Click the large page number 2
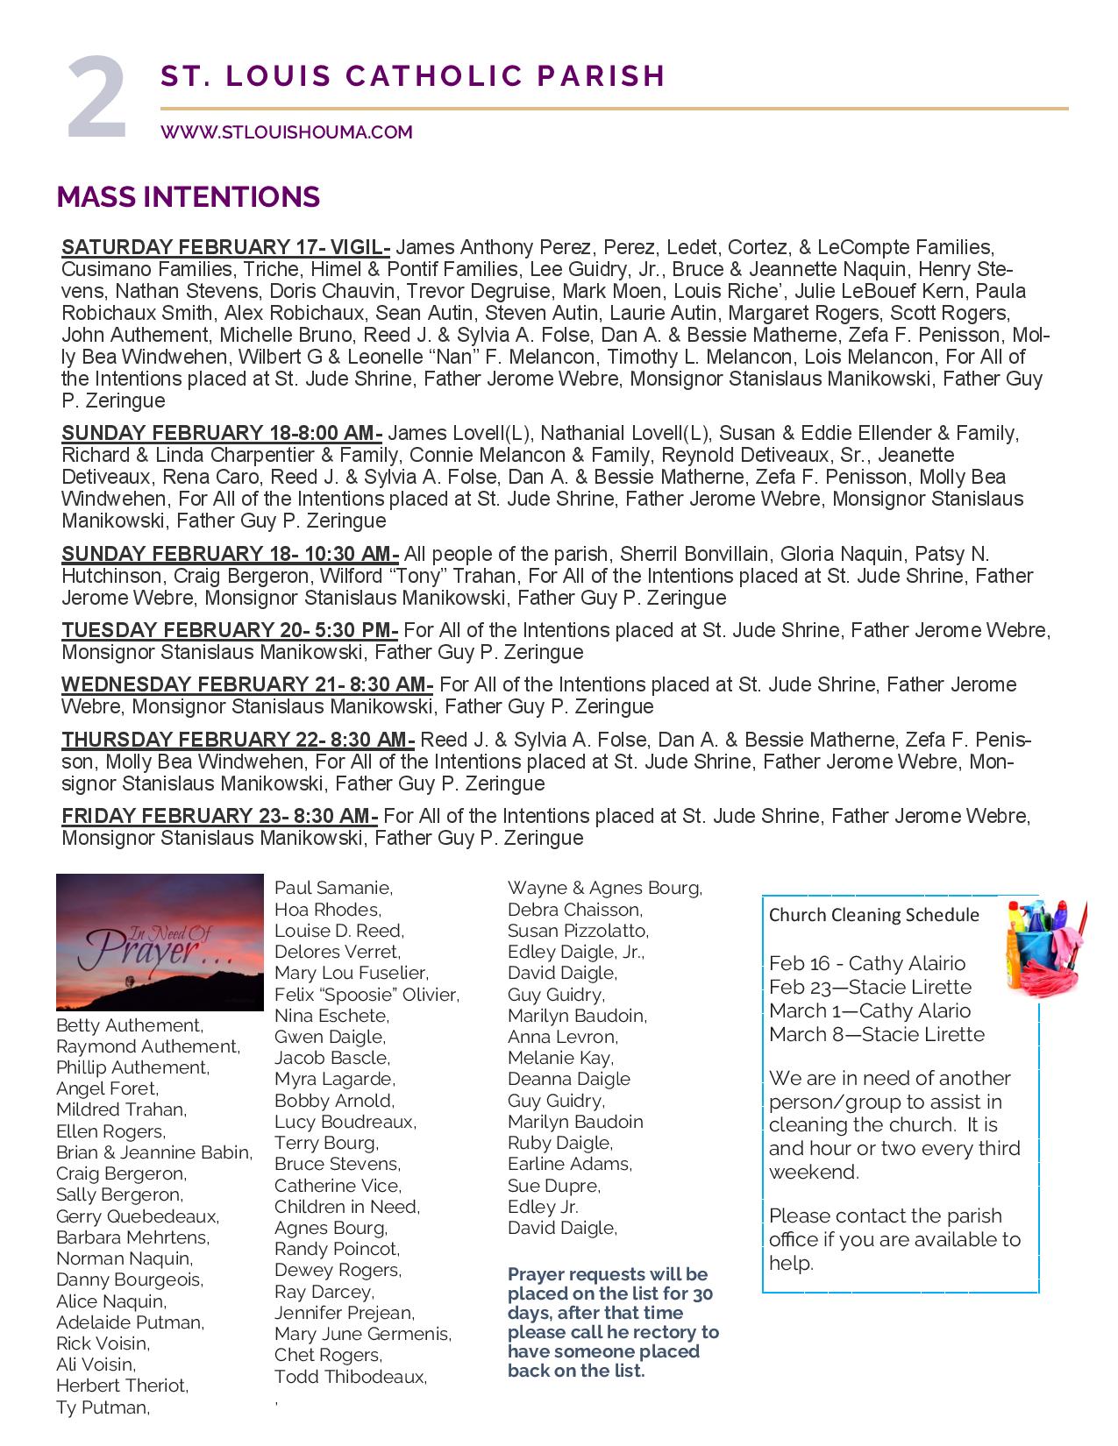[97, 99]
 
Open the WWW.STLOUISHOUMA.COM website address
[286, 132]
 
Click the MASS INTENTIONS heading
[188, 196]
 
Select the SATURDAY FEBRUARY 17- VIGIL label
[225, 247]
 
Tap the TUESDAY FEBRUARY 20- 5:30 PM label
[230, 630]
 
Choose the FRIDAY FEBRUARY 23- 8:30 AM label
[219, 816]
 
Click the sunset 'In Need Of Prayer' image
[160, 942]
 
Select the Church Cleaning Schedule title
[873, 915]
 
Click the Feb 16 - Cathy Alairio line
[866, 964]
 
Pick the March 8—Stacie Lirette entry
[876, 1034]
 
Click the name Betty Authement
[129, 1025]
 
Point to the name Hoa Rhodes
[327, 910]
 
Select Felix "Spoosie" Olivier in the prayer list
[367, 995]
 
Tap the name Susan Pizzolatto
[577, 931]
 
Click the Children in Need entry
[346, 1207]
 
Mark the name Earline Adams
[569, 1164]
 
